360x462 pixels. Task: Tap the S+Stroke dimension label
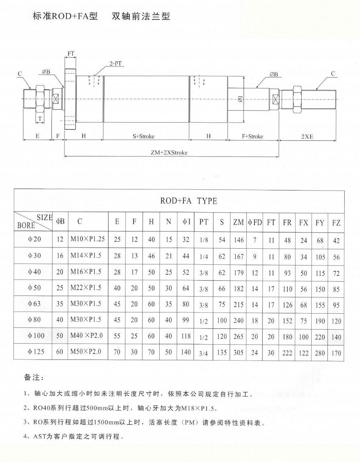pyautogui.click(x=143, y=136)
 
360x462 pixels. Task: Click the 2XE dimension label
pyautogui.click(x=307, y=136)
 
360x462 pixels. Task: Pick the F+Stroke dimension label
pyautogui.click(x=253, y=136)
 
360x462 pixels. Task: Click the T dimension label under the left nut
pyautogui.click(x=40, y=119)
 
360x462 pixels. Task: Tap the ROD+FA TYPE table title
pyautogui.click(x=188, y=201)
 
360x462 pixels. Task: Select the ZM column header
pyautogui.click(x=238, y=222)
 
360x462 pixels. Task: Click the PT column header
pyautogui.click(x=204, y=222)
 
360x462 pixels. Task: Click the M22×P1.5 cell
pyautogui.click(x=86, y=288)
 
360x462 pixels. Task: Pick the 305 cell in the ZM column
pyautogui.click(x=238, y=353)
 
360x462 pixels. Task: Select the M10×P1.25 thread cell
pyautogui.click(x=88, y=239)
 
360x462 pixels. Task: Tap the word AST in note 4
pyautogui.click(x=41, y=437)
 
